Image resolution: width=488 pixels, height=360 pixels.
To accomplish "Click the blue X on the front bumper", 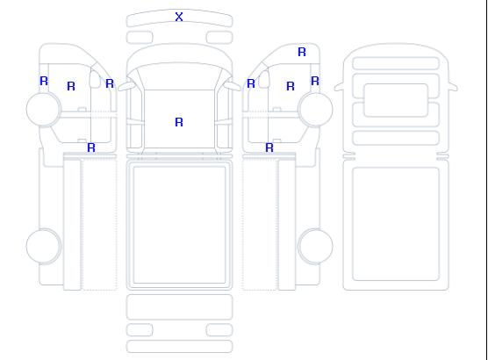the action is pyautogui.click(x=179, y=17).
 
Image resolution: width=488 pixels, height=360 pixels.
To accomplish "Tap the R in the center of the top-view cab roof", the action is pyautogui.click(x=179, y=122).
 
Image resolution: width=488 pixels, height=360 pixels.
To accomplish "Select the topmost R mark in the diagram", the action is pyautogui.click(x=302, y=52).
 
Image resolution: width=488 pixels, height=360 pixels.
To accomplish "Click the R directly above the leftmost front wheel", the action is pyautogui.click(x=44, y=81).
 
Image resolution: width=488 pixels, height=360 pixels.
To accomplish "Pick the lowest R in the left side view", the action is pyautogui.click(x=91, y=148).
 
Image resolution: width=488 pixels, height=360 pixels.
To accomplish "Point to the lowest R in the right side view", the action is pyautogui.click(x=269, y=148).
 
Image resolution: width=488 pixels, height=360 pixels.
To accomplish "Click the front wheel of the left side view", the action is pyautogui.click(x=44, y=109).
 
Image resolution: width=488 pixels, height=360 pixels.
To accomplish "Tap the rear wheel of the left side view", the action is pyautogui.click(x=44, y=246).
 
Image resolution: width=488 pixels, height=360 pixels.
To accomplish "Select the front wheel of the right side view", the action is pyautogui.click(x=315, y=109).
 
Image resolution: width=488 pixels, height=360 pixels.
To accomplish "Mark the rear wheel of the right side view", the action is pyautogui.click(x=315, y=246).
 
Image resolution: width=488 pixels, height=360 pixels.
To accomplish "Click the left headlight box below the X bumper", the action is pyautogui.click(x=140, y=38).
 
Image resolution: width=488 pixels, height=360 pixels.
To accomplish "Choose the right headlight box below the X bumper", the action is pyautogui.click(x=219, y=38).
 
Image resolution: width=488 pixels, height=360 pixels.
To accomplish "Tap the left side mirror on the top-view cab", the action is pyautogui.click(x=126, y=86).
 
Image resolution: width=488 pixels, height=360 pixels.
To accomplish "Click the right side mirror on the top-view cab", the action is pyautogui.click(x=233, y=86).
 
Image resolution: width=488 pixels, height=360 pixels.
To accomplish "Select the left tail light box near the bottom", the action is pyautogui.click(x=140, y=330).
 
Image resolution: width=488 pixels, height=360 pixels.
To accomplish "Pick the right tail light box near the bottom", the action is pyautogui.click(x=219, y=330).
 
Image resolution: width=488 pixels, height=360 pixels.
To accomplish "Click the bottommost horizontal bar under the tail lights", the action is pyautogui.click(x=179, y=347).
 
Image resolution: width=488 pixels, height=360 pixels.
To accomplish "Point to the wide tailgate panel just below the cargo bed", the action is pyautogui.click(x=179, y=307).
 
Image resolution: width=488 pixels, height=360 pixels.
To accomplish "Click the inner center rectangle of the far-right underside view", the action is pyautogui.click(x=396, y=100).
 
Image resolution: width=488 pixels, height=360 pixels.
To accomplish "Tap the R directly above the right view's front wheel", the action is pyautogui.click(x=315, y=81).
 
